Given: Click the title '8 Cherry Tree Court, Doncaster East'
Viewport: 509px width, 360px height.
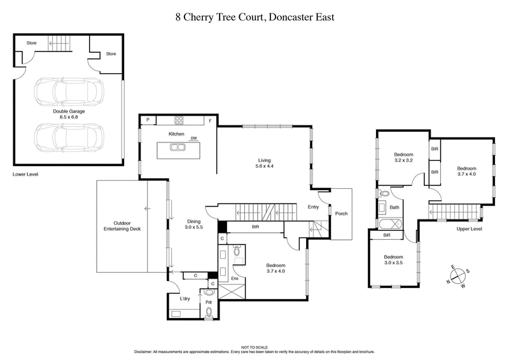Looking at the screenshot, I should point(254,17).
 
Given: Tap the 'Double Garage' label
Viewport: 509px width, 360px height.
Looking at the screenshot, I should point(69,113).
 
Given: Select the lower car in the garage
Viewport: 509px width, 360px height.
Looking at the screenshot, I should point(69,137).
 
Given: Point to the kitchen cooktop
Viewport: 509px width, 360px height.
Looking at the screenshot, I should point(179,120).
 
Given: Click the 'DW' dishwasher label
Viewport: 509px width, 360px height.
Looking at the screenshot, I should point(193,138).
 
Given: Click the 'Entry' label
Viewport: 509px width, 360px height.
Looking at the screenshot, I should point(313,207).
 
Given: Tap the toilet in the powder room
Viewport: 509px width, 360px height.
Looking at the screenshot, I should point(209,312).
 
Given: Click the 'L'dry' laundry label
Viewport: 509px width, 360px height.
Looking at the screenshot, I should point(185,299).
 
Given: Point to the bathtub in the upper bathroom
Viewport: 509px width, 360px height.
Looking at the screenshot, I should point(387,225).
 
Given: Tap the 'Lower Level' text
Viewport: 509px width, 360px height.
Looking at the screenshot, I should point(25,174).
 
